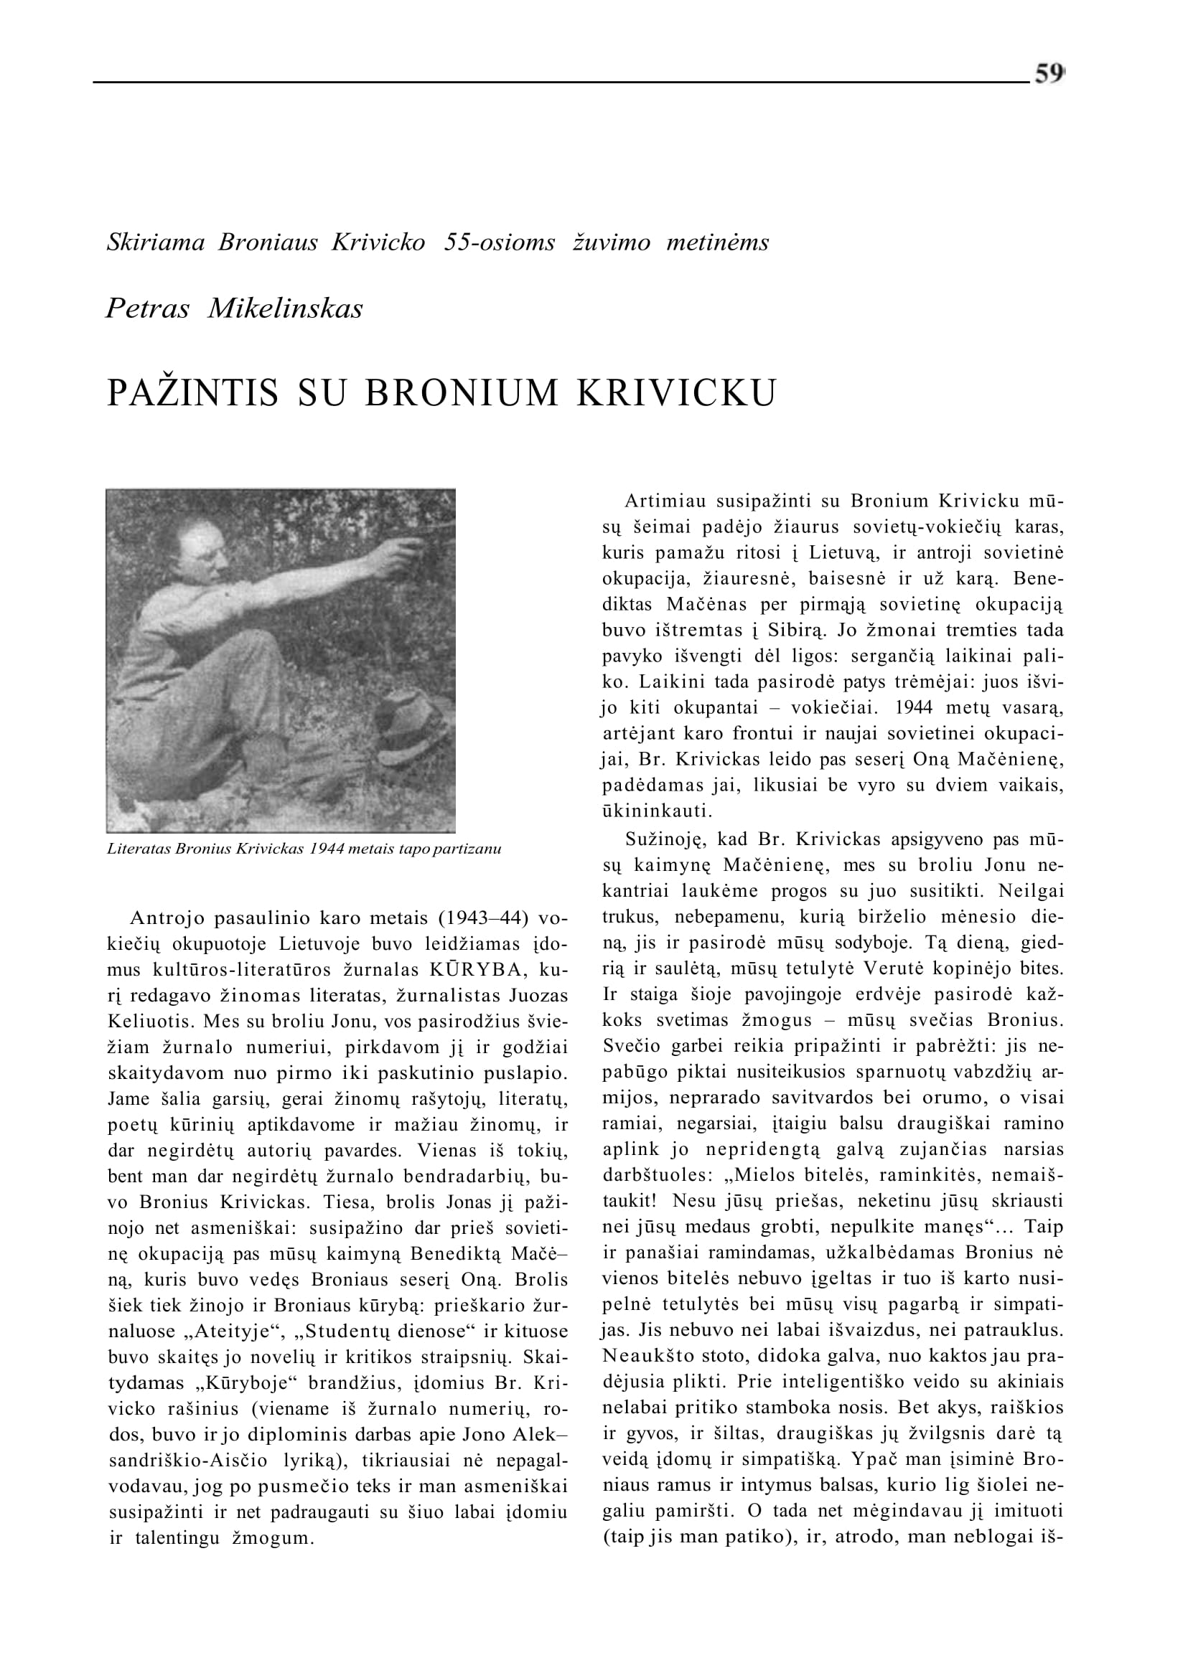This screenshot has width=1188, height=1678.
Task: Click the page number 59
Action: pyautogui.click(x=1048, y=75)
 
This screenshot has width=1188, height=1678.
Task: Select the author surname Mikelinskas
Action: pyautogui.click(x=285, y=308)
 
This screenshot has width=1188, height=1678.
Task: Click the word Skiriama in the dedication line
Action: pyautogui.click(x=156, y=242)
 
